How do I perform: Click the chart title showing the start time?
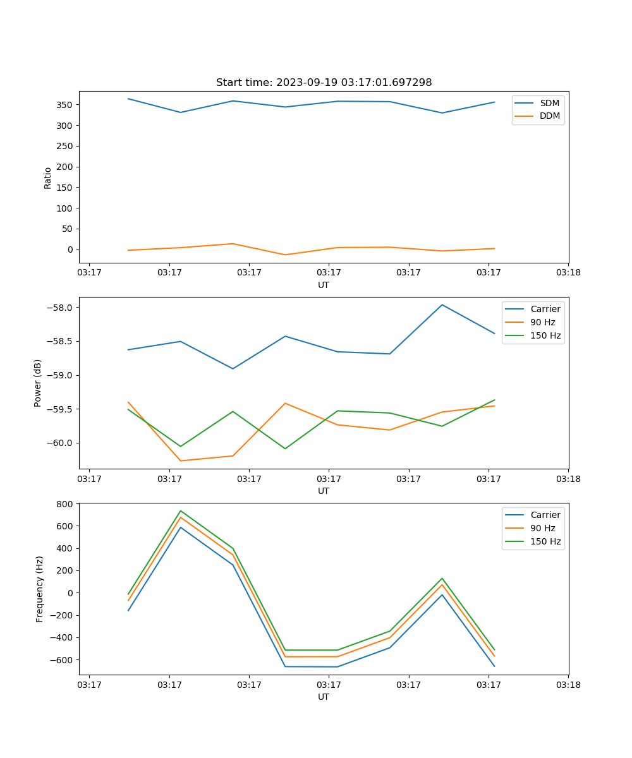coord(324,83)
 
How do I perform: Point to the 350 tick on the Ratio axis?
coord(66,105)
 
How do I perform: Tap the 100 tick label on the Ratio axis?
coord(66,208)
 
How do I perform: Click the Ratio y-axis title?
coord(48,177)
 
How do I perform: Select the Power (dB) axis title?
coord(38,383)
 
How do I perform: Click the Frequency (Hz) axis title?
coord(39,589)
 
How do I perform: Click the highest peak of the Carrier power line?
coord(442,305)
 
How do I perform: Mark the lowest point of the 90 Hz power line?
coord(181,460)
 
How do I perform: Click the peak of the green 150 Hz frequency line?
coord(181,511)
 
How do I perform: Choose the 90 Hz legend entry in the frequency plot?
coord(542,528)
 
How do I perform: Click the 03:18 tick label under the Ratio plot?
coord(568,273)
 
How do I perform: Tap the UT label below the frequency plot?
coord(324,697)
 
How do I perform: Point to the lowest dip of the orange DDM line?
coord(285,255)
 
